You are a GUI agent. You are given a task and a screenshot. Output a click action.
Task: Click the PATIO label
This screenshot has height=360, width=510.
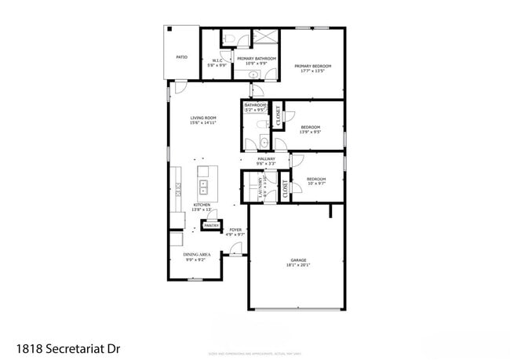(x=181, y=57)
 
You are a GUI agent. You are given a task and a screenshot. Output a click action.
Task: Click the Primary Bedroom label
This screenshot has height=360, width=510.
(x=312, y=66)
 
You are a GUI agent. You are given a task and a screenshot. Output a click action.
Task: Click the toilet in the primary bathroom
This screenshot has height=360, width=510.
(x=224, y=37)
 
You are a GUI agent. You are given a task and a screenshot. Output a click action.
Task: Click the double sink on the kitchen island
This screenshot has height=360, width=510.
(x=202, y=187)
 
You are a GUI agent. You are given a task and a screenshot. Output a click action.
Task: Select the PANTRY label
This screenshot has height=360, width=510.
(x=211, y=226)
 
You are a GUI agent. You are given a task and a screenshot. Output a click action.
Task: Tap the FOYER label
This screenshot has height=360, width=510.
(x=235, y=230)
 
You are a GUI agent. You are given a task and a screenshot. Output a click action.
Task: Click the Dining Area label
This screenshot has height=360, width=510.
(x=195, y=255)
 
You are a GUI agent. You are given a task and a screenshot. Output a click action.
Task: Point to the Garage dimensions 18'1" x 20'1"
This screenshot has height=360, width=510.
(x=298, y=265)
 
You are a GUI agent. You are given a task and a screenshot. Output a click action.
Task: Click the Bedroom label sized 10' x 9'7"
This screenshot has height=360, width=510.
(x=316, y=180)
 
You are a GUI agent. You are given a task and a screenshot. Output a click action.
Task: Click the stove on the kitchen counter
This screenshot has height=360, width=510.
(x=178, y=189)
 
